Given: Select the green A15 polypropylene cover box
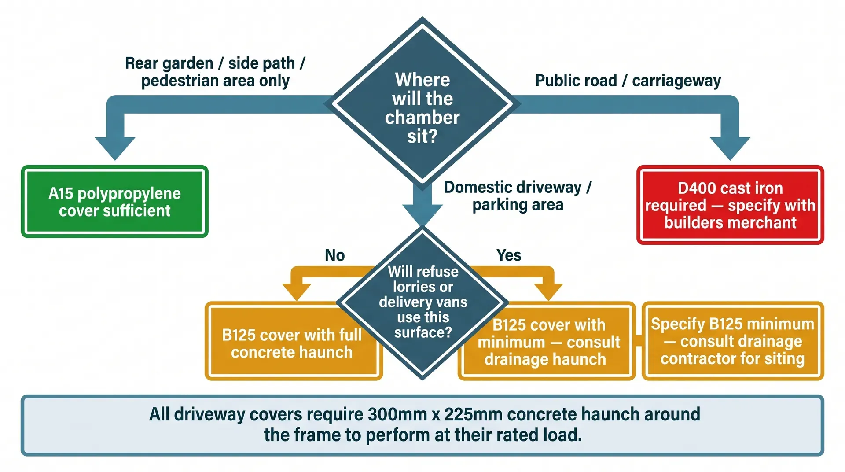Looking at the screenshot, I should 114,202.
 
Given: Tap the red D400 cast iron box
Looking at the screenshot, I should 730,205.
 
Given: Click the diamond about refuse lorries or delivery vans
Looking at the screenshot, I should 422,302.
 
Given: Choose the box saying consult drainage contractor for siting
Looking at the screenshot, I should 732,341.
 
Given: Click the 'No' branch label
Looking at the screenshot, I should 334,255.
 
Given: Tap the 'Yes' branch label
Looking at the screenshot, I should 509,255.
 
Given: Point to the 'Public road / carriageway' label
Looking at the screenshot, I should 628,81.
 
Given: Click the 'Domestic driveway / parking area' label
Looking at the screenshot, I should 518,196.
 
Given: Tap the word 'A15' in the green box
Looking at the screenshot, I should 60,194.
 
